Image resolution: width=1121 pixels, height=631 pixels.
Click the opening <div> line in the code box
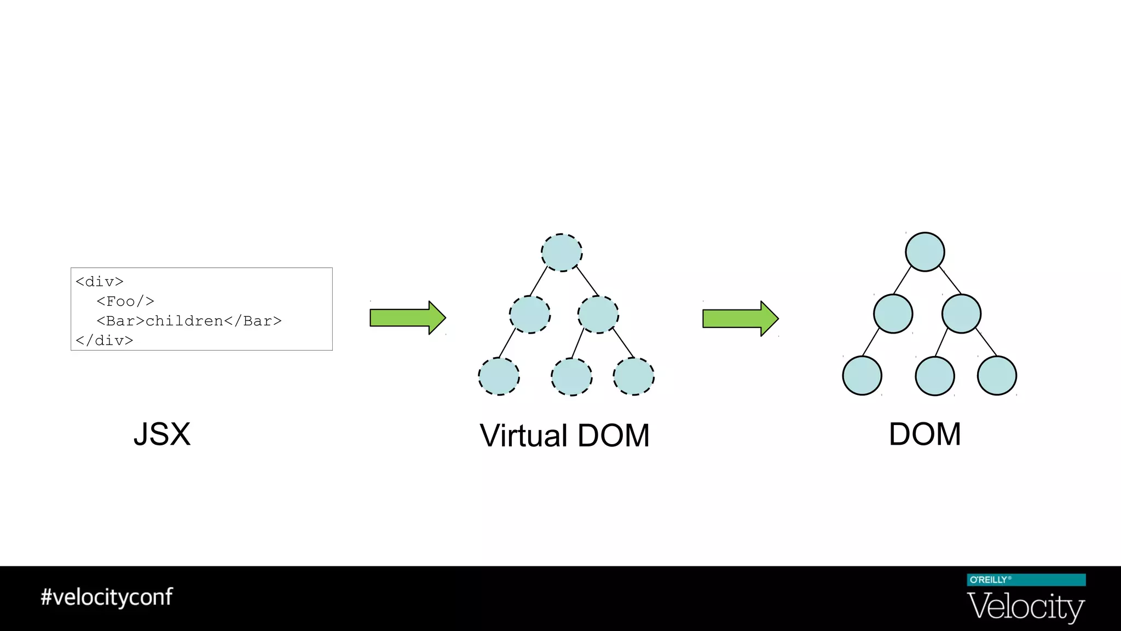[x=100, y=282]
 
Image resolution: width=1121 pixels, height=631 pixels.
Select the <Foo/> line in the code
[x=125, y=301]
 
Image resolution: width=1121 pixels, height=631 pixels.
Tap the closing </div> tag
[x=105, y=341]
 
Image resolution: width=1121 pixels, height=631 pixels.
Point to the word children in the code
[x=184, y=321]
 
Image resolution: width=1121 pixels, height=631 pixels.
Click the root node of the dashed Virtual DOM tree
[x=562, y=253]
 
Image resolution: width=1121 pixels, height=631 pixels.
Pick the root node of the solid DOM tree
[x=925, y=252]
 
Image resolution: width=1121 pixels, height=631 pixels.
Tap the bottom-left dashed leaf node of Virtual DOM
[x=499, y=376]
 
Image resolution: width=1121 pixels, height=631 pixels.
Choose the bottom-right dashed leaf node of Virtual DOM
[x=634, y=376]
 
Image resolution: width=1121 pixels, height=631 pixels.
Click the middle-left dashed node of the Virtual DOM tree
[x=530, y=314]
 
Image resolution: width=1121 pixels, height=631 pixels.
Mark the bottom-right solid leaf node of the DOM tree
[x=997, y=376]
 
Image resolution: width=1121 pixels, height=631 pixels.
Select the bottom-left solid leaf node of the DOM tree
[x=862, y=376]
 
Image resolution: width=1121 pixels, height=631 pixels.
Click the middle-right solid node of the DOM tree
[x=961, y=314]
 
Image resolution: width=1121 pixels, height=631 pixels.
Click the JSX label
[x=162, y=434]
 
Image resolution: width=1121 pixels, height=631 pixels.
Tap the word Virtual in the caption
[x=523, y=436]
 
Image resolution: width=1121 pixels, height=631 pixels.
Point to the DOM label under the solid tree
[x=924, y=434]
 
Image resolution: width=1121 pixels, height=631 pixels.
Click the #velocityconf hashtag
[x=107, y=596]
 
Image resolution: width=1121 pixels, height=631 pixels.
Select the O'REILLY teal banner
[x=1026, y=580]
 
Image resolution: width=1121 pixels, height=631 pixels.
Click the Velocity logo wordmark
[x=1026, y=606]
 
